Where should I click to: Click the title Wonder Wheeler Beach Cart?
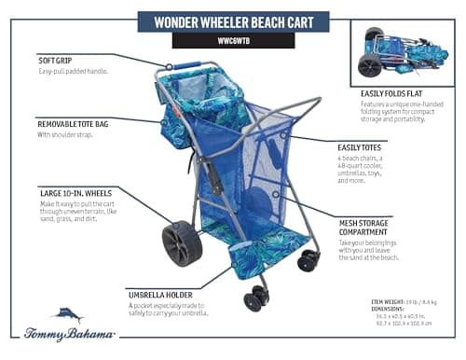pos(232,21)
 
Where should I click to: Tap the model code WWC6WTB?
pos(233,41)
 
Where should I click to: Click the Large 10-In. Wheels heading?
pos(76,193)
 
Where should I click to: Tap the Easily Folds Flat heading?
pos(396,93)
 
